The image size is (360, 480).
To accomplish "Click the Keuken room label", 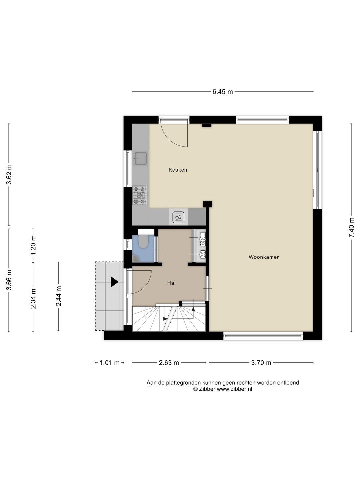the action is (x=178, y=170).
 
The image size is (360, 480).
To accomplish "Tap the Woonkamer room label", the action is (x=264, y=257).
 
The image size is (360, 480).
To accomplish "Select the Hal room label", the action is (x=171, y=283).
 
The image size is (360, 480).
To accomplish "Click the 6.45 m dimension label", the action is (x=223, y=92).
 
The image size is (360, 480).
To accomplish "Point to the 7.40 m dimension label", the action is (x=351, y=227).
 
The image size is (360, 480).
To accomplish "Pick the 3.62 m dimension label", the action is (x=9, y=174).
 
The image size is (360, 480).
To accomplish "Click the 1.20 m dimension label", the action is (x=33, y=245).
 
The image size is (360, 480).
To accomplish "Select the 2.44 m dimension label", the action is (x=58, y=296).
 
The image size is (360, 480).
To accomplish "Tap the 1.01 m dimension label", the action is (x=110, y=363).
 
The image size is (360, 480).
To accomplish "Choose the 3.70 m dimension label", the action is (x=261, y=363).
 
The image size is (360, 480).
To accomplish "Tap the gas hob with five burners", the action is (x=140, y=195).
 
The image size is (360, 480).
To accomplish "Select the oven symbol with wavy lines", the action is (x=178, y=217).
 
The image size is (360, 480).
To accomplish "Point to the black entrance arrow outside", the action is (x=115, y=282).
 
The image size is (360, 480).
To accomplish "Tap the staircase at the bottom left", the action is (x=169, y=319).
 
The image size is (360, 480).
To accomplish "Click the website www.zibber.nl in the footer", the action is (x=234, y=389).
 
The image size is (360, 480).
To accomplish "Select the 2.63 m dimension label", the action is (x=169, y=363).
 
